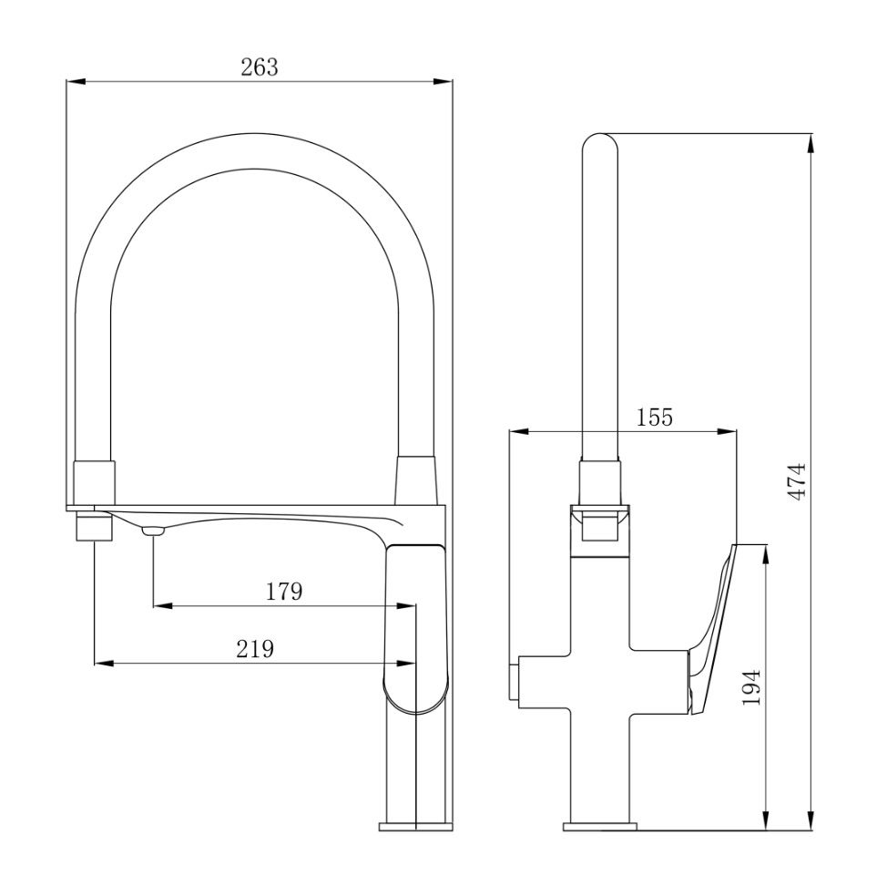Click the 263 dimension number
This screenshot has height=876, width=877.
[x=259, y=67]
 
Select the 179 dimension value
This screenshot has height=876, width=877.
[x=283, y=591]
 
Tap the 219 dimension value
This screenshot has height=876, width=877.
[x=255, y=649]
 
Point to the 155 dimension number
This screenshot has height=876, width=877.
[x=655, y=417]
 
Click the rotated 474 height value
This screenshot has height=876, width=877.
[x=797, y=481]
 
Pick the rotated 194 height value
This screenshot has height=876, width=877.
[x=750, y=686]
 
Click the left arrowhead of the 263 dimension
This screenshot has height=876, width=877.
[x=76, y=82]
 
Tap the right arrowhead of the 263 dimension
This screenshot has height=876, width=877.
[x=443, y=82]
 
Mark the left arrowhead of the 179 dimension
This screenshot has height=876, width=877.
[x=162, y=605]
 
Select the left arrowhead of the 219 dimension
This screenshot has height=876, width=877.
[x=104, y=664]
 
